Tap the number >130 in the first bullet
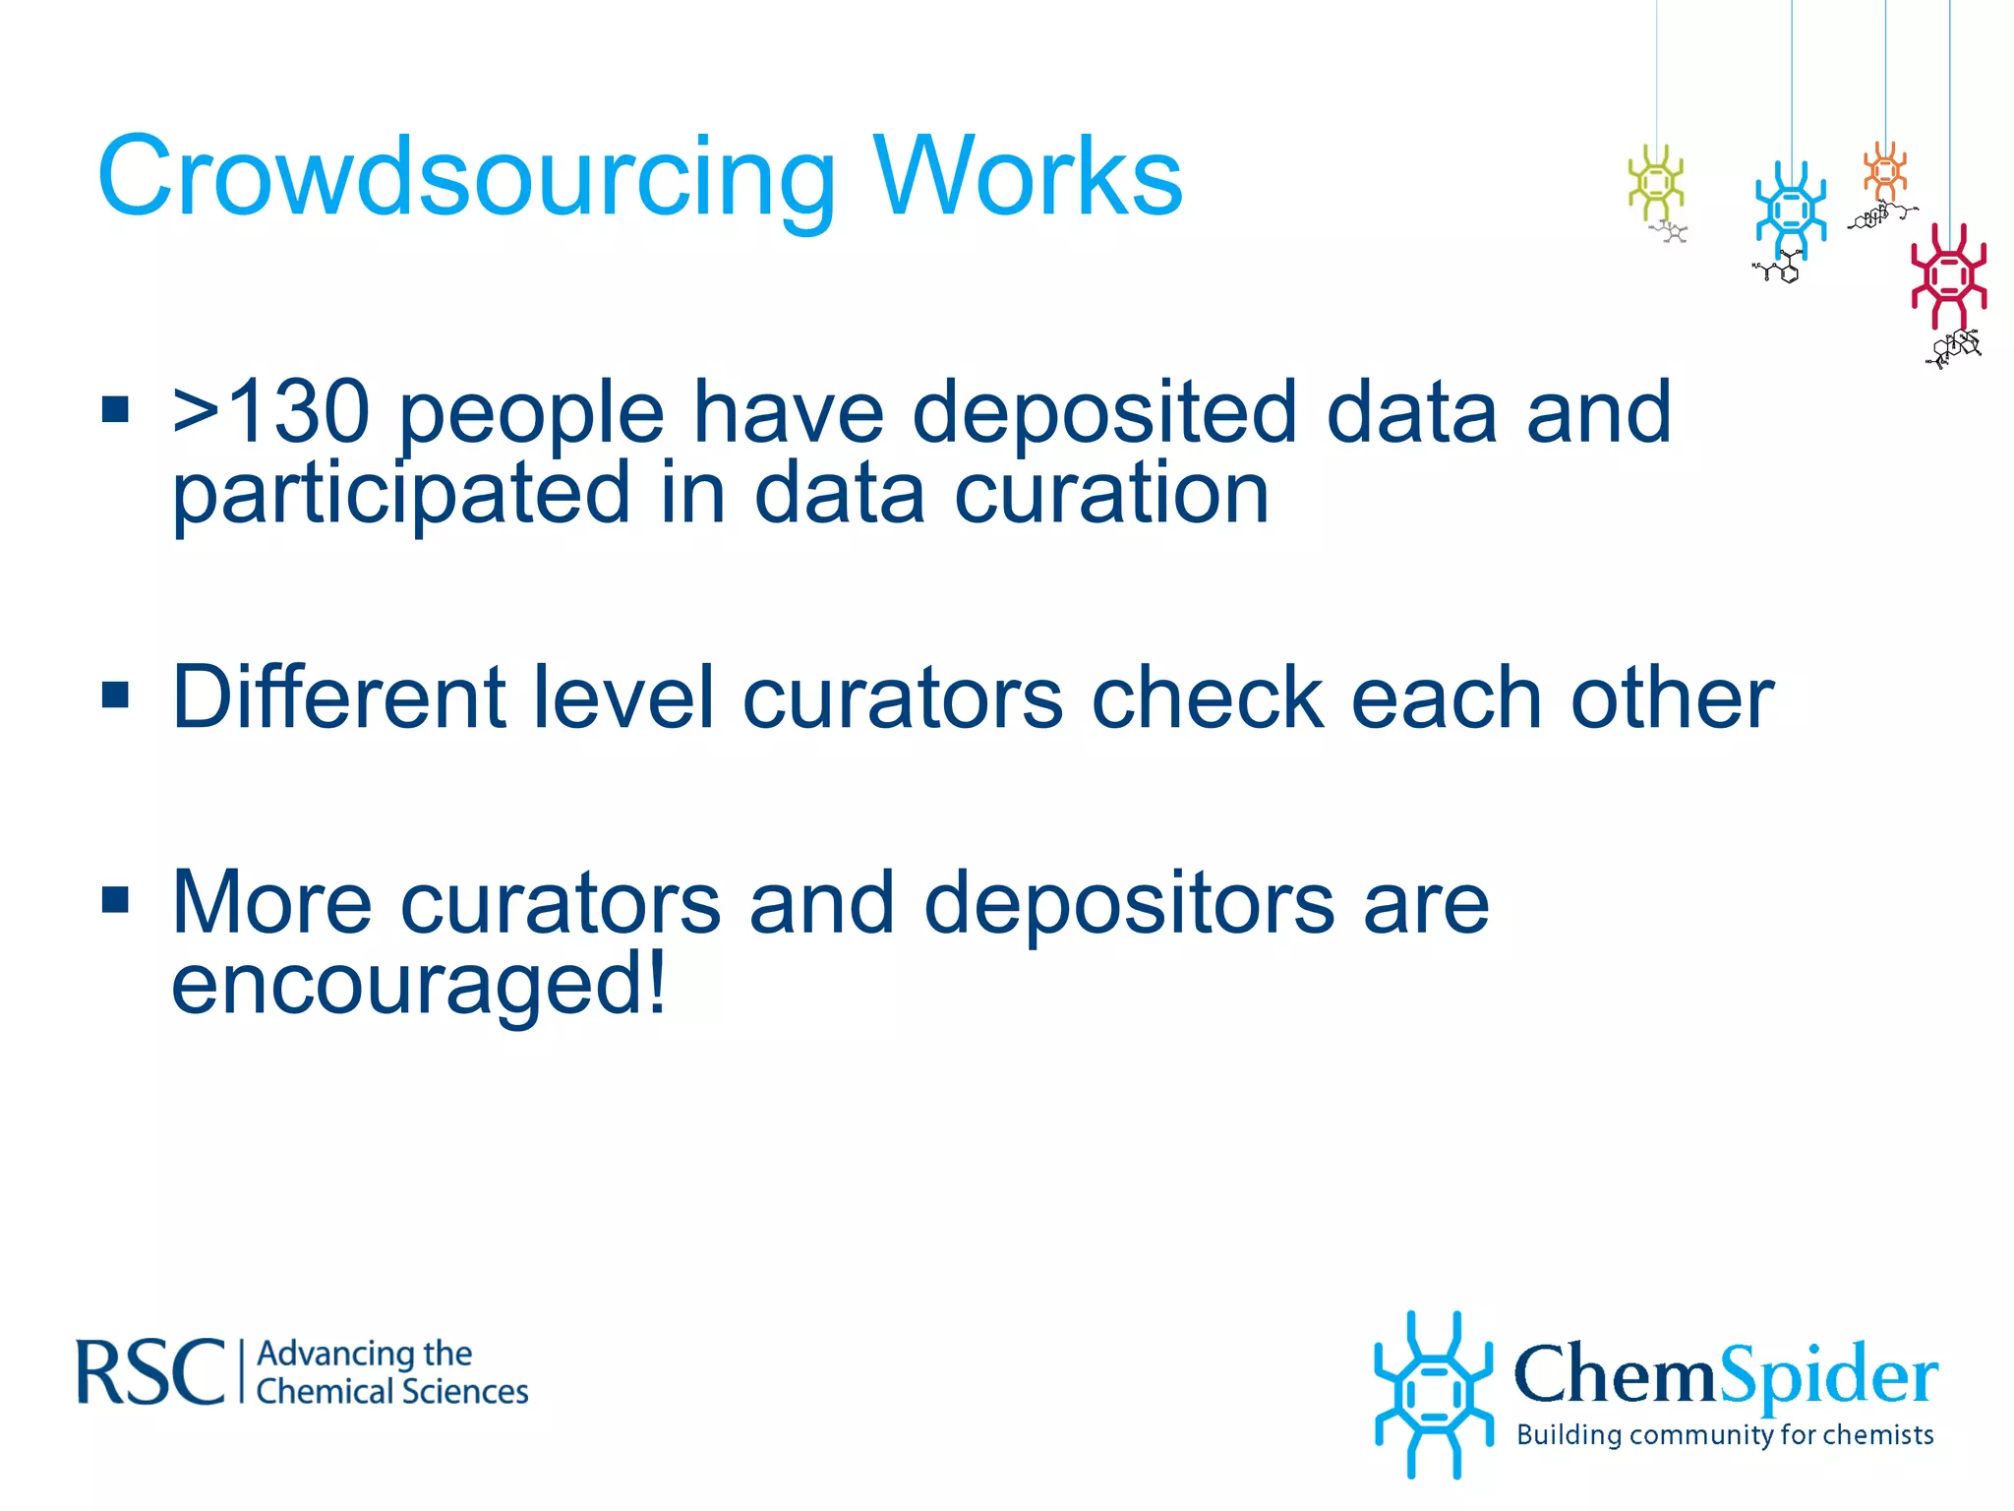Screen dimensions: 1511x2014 click(270, 413)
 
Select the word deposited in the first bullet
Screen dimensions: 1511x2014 click(1104, 413)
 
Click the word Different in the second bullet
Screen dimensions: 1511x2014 click(338, 698)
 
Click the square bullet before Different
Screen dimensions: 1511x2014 click(115, 695)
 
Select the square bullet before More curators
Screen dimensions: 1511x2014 click(115, 899)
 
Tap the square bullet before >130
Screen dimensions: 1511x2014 click(115, 408)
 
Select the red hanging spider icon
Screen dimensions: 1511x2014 click(1948, 275)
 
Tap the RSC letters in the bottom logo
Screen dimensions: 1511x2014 click(150, 1372)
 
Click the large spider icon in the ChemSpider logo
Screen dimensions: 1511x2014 click(1433, 1394)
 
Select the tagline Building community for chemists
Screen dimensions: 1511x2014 click(1725, 1435)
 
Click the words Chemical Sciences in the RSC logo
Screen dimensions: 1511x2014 click(392, 1392)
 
